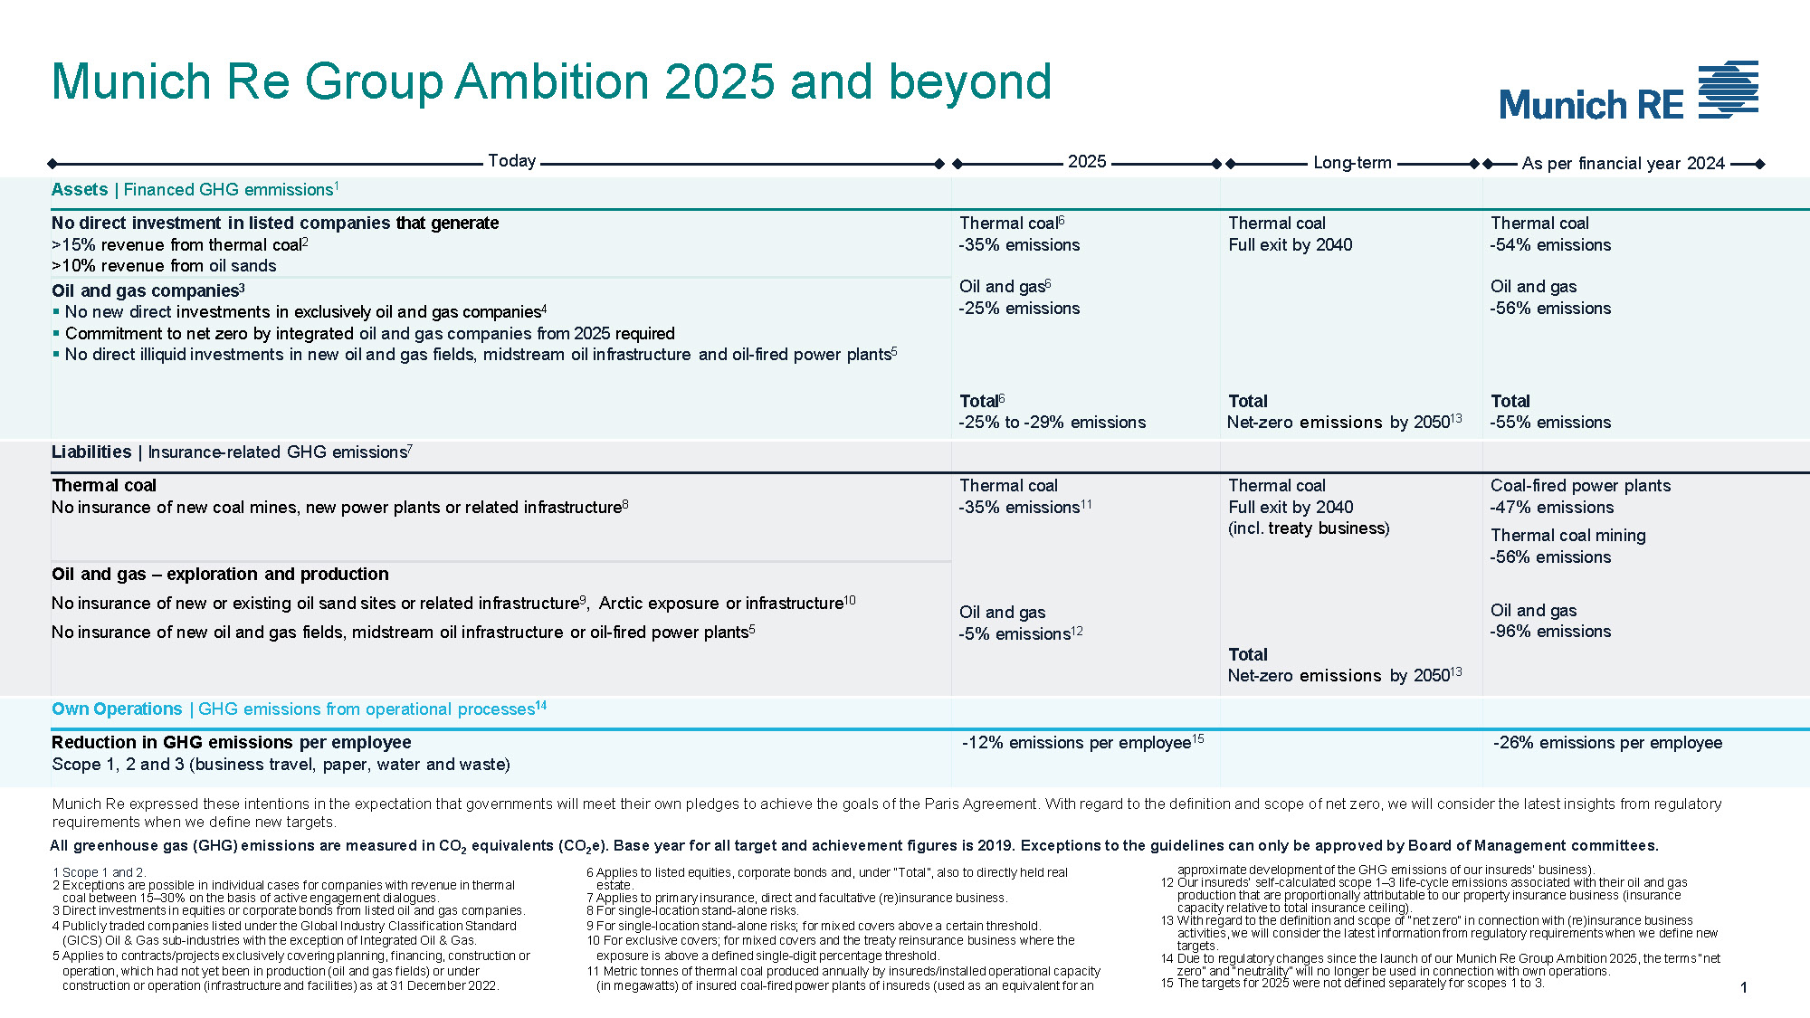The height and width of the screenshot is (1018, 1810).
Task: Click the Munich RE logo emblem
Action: (1728, 90)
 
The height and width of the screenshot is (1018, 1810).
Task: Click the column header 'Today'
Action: (511, 161)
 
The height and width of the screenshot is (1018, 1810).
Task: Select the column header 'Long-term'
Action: (1352, 163)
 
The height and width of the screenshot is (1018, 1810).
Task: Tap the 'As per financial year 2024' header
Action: (1623, 164)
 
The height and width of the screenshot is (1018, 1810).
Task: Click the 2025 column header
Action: (1086, 162)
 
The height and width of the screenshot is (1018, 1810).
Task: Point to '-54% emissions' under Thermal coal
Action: (1550, 245)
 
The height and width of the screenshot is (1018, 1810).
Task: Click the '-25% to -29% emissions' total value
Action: (1052, 423)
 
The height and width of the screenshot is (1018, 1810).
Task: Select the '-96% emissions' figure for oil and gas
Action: (1550, 632)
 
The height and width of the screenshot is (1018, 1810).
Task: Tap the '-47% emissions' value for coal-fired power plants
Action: (1551, 508)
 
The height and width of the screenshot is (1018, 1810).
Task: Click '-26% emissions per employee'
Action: (1607, 743)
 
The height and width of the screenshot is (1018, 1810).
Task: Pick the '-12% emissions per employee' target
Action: (1076, 743)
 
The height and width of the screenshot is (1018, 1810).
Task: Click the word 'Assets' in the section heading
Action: (80, 189)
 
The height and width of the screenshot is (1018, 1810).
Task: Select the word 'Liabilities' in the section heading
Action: (91, 452)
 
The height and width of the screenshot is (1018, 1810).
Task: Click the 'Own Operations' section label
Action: (117, 709)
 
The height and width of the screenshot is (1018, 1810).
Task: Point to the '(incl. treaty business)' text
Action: (1309, 528)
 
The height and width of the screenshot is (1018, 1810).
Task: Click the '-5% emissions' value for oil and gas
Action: (1015, 634)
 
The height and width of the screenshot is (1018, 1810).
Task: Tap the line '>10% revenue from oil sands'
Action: (164, 266)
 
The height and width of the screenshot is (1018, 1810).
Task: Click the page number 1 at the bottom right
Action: (1743, 988)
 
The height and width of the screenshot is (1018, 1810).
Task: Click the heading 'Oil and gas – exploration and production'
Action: (220, 575)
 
